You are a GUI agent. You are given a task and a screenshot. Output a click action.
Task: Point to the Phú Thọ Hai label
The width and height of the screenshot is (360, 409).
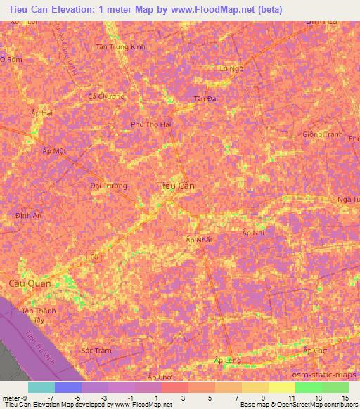coord(151,124)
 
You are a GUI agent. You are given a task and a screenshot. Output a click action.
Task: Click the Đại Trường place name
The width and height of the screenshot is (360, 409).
coord(109,186)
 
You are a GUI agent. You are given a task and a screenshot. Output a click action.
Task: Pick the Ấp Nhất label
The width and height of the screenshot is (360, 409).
coord(198,240)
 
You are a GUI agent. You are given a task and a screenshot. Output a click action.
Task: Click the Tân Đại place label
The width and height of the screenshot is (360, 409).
coord(206,99)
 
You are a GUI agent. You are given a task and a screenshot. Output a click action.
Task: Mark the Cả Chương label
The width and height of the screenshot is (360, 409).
coord(106,96)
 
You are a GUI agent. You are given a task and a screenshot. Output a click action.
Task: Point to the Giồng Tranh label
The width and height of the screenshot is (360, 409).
coord(322,134)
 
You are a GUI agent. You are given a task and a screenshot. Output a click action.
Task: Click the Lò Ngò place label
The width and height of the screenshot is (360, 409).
coord(231,69)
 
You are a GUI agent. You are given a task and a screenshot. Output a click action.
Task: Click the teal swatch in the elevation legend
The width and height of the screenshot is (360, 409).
coord(41,387)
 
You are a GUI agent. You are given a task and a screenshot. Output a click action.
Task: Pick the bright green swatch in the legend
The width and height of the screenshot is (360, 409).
coord(309,387)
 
